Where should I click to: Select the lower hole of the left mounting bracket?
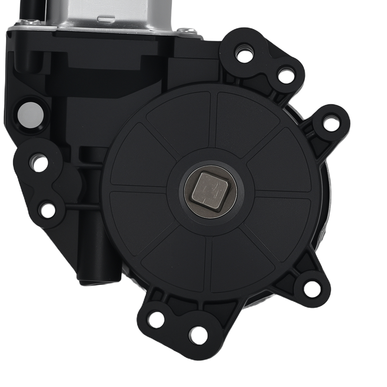click(48, 210)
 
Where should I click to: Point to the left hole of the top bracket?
click(245, 54)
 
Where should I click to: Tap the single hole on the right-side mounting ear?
click(331, 123)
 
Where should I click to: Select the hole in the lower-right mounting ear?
click(312, 288)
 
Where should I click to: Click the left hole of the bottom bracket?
click(156, 319)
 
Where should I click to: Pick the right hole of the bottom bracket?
click(198, 335)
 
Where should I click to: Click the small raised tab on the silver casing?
click(105, 18)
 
